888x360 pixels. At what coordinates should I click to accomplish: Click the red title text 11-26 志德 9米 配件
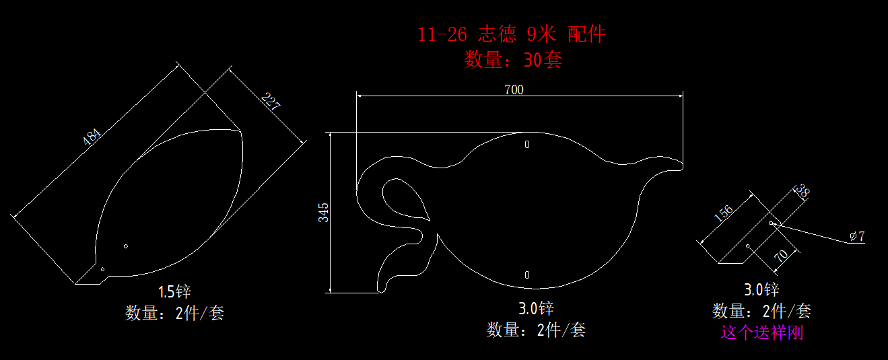[512, 34]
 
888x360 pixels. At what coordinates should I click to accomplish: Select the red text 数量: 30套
[514, 60]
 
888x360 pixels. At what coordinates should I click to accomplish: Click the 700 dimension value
[514, 89]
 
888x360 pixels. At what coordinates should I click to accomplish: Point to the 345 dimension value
[323, 213]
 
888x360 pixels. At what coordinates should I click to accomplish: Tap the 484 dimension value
[92, 137]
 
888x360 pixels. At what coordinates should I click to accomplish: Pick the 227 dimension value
[271, 101]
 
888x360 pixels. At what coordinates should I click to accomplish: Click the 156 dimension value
[724, 213]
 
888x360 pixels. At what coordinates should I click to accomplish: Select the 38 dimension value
[802, 191]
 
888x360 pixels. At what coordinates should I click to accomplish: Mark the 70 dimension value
[781, 256]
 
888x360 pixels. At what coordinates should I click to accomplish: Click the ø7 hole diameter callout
[857, 236]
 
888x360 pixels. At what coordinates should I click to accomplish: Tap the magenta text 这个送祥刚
[762, 332]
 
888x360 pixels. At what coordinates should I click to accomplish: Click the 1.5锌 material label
[174, 292]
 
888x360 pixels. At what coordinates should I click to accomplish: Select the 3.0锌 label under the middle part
[536, 308]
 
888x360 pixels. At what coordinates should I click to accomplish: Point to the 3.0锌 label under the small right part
[761, 289]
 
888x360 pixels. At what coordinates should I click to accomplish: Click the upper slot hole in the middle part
[527, 145]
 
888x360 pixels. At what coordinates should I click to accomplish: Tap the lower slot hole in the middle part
[527, 275]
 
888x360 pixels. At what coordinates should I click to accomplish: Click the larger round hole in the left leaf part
[126, 246]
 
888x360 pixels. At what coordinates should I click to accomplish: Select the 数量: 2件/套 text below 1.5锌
[174, 314]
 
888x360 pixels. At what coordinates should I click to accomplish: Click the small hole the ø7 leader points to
[771, 223]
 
